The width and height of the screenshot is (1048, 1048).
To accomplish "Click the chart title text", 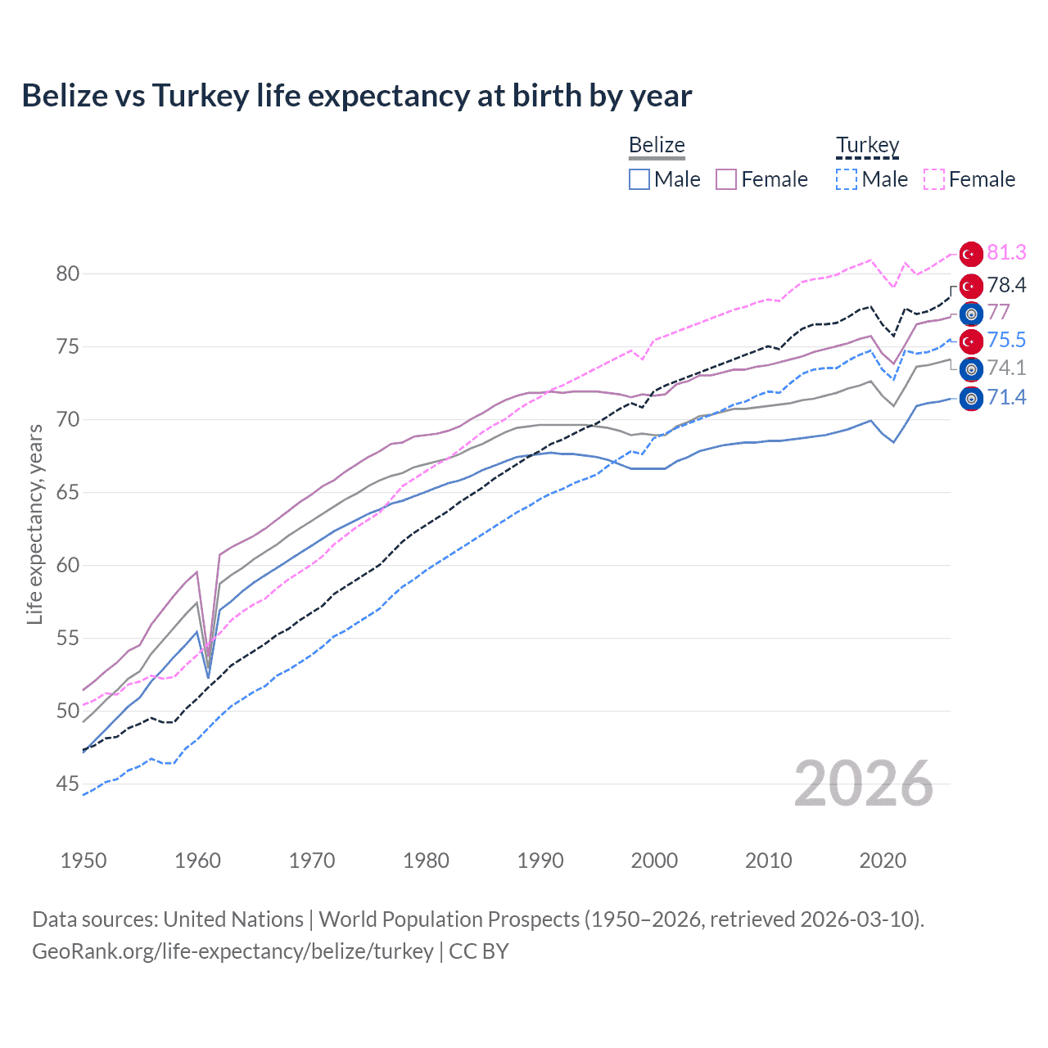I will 356,96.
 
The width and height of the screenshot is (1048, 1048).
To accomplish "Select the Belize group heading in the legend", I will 657,146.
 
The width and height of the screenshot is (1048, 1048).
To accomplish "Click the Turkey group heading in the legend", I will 867,146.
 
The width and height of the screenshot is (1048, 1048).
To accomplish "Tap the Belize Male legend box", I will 639,179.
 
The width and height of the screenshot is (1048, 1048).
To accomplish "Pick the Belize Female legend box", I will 726,179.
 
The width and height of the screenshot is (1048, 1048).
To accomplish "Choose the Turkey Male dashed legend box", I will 847,179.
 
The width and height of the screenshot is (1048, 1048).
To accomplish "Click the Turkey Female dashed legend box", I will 934,179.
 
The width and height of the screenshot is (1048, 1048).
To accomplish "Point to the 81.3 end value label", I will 1006,253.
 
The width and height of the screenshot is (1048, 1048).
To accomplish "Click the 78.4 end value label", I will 1006,285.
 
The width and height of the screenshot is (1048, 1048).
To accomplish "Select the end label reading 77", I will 999,313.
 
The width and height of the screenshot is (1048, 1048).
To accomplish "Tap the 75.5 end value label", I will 1006,341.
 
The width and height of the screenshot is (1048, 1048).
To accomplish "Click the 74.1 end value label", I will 1006,368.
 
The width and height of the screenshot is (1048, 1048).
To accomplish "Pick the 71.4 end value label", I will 1006,398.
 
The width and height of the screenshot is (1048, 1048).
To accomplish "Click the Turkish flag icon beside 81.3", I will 971,254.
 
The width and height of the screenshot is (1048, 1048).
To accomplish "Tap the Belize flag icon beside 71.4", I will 971,399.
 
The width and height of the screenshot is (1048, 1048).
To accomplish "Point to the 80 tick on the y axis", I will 68,273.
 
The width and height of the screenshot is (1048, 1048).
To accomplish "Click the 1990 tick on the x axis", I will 540,861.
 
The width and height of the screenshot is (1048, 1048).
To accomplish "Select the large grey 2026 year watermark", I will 864,784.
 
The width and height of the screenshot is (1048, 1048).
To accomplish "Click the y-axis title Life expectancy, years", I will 34,524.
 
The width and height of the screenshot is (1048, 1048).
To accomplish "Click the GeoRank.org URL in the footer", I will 233,951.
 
